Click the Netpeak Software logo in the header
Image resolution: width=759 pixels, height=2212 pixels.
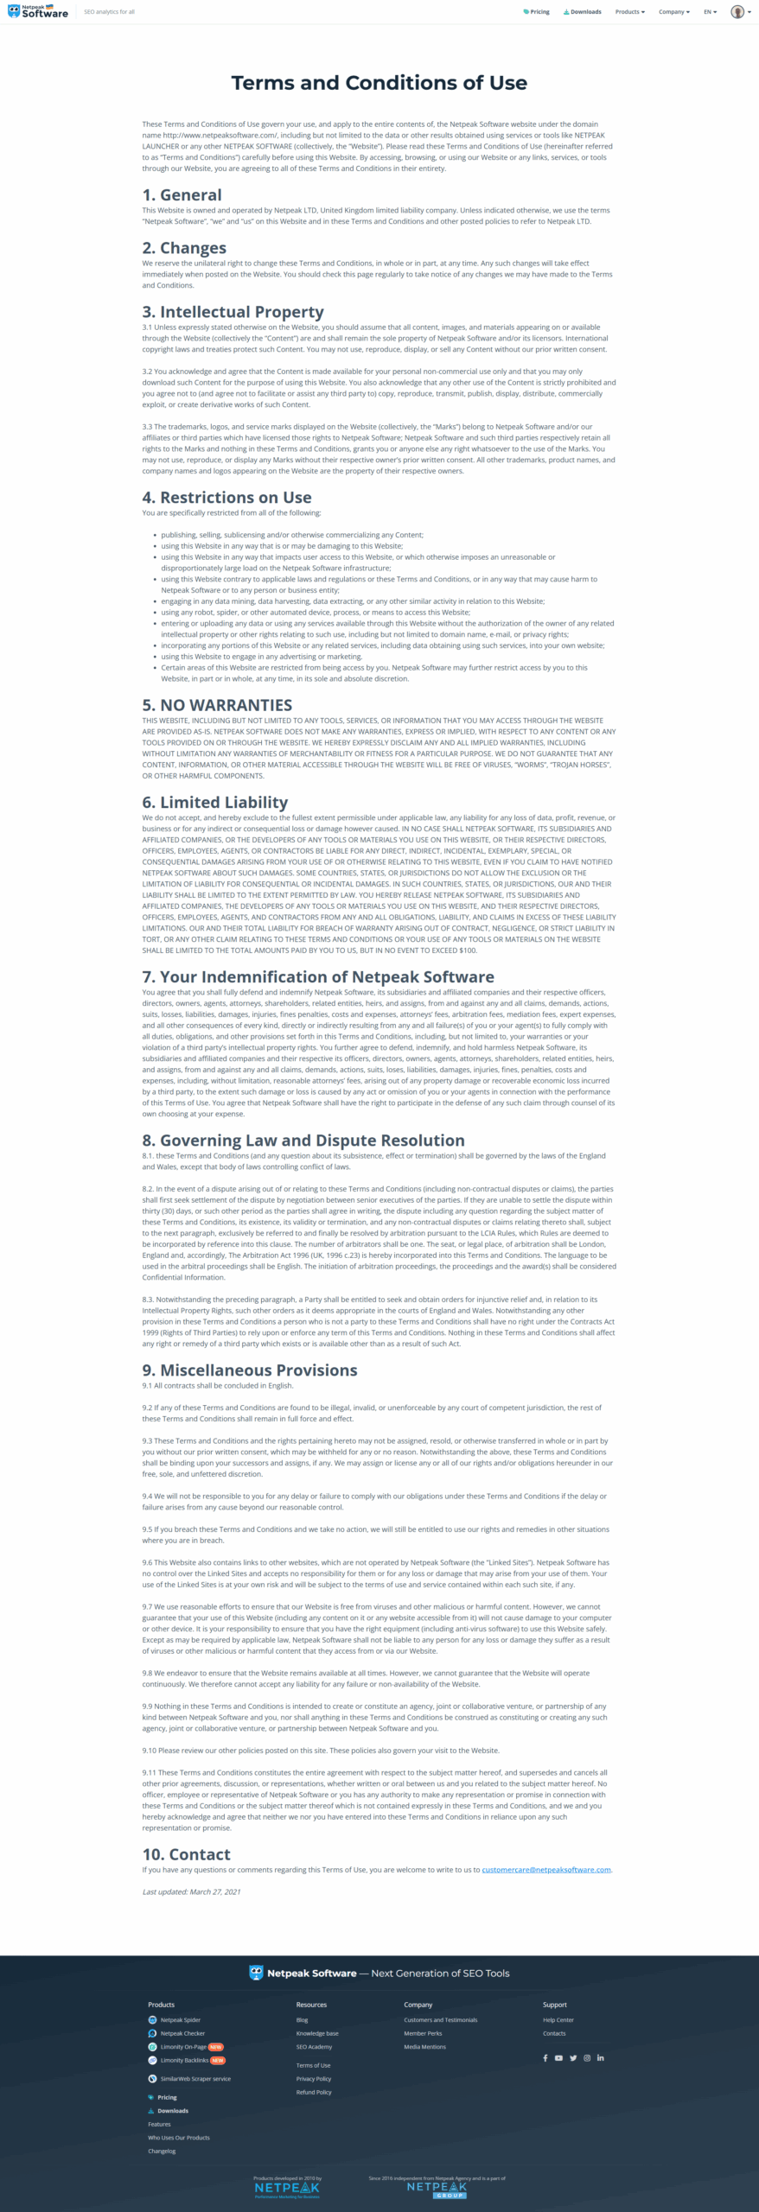tap(38, 12)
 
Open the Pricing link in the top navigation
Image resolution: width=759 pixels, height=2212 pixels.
tap(537, 12)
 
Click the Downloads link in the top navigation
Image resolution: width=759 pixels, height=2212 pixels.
tap(583, 12)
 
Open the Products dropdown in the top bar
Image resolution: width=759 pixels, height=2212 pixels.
tap(629, 12)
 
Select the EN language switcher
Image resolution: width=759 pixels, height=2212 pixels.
tap(710, 12)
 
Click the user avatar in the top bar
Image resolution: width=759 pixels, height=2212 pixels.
tap(737, 12)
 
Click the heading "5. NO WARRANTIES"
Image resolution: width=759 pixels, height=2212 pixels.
tap(217, 705)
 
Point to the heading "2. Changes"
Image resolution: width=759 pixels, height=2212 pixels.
tap(184, 248)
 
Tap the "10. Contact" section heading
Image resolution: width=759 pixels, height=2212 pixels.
tap(186, 1854)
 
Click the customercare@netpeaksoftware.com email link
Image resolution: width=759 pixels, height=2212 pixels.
tap(545, 1870)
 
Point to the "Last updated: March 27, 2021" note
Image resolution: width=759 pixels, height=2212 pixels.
tap(191, 1891)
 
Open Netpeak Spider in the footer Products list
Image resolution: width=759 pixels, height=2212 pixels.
tap(180, 2020)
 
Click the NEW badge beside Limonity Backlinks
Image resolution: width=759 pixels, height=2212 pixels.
tap(218, 2060)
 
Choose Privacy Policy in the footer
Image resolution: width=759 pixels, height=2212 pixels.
tap(313, 2079)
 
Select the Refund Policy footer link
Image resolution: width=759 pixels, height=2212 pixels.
tap(313, 2092)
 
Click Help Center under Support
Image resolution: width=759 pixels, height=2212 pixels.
tap(558, 2020)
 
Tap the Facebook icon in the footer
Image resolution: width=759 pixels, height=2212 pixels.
tap(545, 2058)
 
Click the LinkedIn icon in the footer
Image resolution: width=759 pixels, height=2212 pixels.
tap(601, 2058)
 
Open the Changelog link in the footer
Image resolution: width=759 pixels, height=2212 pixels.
tap(162, 2151)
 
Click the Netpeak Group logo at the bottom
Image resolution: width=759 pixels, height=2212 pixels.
tap(437, 2190)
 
